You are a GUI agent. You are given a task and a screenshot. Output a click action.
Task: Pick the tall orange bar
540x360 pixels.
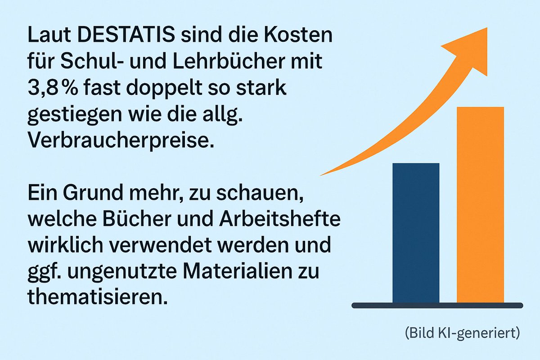coord(480,205)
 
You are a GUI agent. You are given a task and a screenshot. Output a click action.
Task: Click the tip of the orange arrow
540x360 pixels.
coord(486,29)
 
